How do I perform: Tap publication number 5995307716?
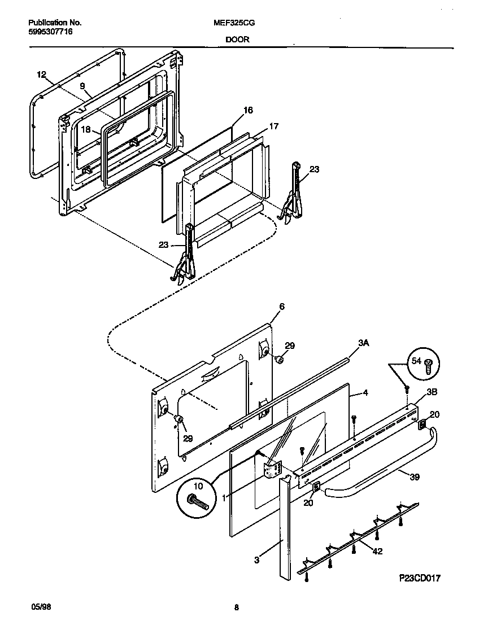(50, 32)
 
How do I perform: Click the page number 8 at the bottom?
(236, 607)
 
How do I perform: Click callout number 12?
(41, 74)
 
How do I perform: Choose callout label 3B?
(431, 391)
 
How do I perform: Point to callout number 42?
(377, 551)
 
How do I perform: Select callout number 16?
(248, 110)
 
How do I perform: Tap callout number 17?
(273, 126)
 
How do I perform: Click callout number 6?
(281, 307)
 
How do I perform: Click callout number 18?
(86, 129)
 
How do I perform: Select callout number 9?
(82, 86)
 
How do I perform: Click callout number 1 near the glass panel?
(224, 497)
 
